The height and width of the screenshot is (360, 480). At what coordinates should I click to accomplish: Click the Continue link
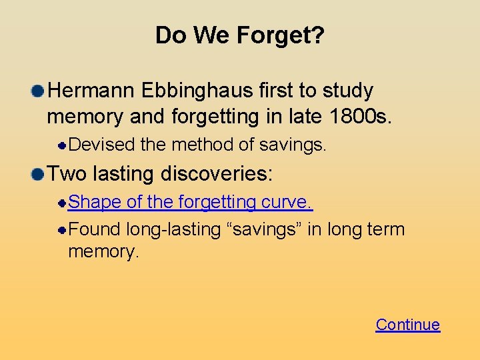point(407,325)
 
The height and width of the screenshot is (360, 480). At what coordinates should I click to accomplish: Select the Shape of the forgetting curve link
point(191,202)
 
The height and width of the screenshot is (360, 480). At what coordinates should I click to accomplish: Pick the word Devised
point(101,145)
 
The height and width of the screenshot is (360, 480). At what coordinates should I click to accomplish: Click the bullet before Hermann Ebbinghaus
point(37,90)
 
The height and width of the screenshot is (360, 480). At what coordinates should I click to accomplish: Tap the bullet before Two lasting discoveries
point(37,175)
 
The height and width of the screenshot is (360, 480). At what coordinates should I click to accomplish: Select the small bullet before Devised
point(61,145)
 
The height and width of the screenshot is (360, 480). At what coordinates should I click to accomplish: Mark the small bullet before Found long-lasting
point(61,229)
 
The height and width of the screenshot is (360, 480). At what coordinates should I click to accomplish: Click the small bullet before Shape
point(61,202)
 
